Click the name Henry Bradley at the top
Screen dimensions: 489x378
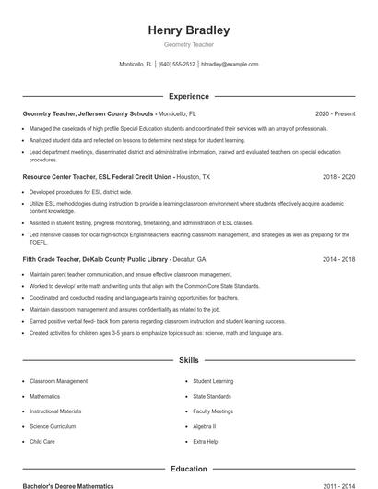click(x=189, y=30)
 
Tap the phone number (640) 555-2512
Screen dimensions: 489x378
click(x=177, y=65)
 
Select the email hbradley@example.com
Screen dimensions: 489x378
click(x=230, y=65)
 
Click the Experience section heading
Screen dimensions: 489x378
click(x=189, y=96)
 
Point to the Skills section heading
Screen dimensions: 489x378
click(x=189, y=360)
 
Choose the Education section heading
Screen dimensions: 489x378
click(x=189, y=469)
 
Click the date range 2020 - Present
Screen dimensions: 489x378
click(x=335, y=113)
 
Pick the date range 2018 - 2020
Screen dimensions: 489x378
click(x=338, y=175)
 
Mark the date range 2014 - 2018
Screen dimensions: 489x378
click(x=338, y=259)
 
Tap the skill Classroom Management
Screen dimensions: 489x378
click(x=59, y=380)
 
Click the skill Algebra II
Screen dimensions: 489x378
click(x=204, y=426)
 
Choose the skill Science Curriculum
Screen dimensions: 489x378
click(x=53, y=426)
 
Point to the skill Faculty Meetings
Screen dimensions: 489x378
click(x=213, y=411)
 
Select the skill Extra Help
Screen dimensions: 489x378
click(x=206, y=442)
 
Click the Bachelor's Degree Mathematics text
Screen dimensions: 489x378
click(x=68, y=485)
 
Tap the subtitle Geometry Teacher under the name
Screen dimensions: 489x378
click(x=189, y=44)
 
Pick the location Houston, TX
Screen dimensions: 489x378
click(x=193, y=175)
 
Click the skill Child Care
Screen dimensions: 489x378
click(x=42, y=442)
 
